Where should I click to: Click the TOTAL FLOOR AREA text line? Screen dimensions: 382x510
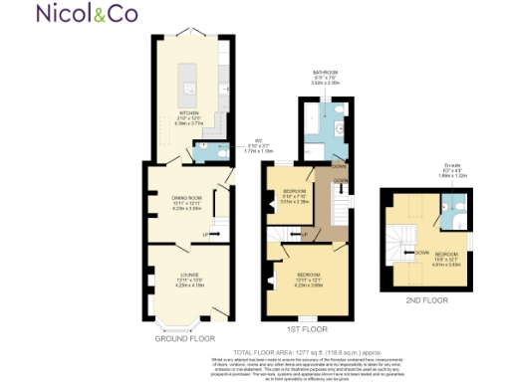click(304, 352)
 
